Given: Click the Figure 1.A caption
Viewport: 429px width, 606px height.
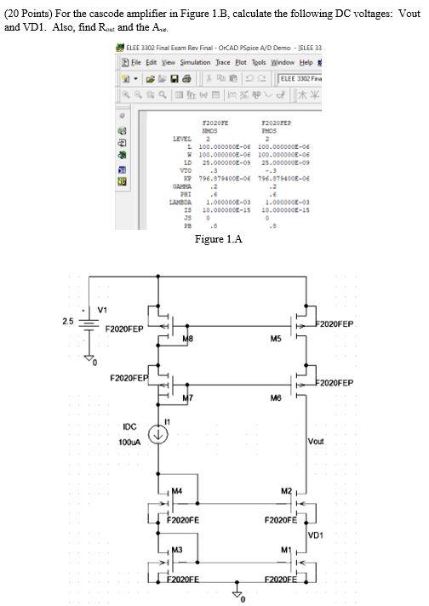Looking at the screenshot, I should pos(219,239).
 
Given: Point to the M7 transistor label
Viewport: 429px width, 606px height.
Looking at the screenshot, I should pos(189,398).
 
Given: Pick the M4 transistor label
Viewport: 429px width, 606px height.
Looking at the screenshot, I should pos(178,489).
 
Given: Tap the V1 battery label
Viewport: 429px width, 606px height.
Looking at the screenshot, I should pos(102,308).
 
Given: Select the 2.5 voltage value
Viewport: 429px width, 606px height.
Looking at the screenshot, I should pos(66,322).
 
